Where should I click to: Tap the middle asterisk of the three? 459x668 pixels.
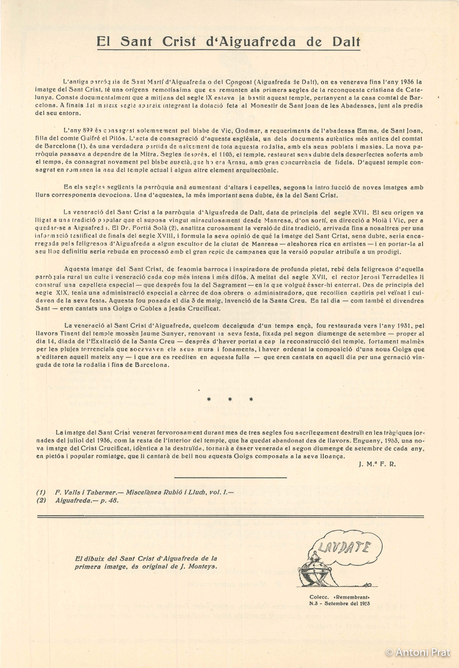(229, 399)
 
